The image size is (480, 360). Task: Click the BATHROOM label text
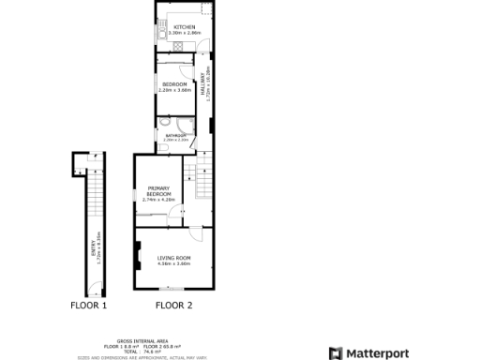[175, 135]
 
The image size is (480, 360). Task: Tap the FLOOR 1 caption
[89, 306]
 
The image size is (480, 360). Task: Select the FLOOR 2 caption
[173, 306]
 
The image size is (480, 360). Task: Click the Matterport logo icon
[335, 353]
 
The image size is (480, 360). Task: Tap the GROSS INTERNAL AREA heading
[136, 341]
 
